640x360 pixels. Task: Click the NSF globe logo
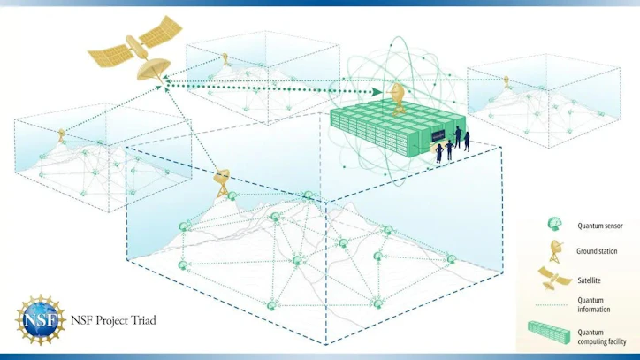coord(41,319)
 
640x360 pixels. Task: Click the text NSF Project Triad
coord(113,320)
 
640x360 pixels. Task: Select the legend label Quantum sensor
coord(599,226)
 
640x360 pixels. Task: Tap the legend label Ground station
coord(597,251)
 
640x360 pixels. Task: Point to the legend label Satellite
coord(589,280)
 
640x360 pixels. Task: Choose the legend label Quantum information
coord(593,305)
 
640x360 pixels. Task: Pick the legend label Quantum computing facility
coord(601,337)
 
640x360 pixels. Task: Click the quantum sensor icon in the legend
coord(554,224)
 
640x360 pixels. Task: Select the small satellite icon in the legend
coord(554,279)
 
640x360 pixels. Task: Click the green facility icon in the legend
coord(549,333)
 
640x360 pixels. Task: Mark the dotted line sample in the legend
coord(551,305)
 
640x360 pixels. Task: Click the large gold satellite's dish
coord(153,69)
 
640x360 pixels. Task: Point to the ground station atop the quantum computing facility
coord(397,98)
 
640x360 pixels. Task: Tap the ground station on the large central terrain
coord(222,183)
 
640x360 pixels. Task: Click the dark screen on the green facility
coord(438,136)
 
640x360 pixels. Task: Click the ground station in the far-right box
coord(507,81)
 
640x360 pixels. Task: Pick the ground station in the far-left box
coord(62,135)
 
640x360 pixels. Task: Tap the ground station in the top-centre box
coord(225,59)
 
